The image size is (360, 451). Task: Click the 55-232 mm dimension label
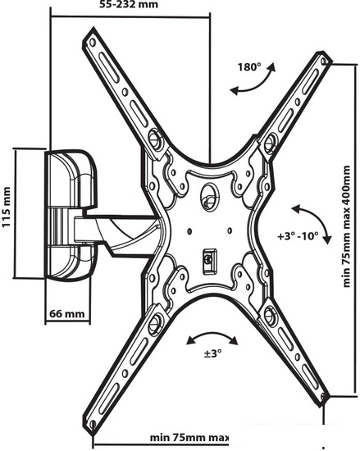[x=129, y=4]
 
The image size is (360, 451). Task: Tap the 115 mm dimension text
[x=7, y=207]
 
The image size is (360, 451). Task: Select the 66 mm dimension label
[x=67, y=313]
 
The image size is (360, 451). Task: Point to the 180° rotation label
[x=249, y=67]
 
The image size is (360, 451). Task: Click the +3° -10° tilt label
[x=298, y=236]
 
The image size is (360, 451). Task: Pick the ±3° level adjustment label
[x=212, y=353]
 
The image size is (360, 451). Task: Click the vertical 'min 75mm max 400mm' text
[x=347, y=226]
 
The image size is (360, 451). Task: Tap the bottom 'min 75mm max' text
[x=189, y=438]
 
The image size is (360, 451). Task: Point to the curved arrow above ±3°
[x=212, y=335]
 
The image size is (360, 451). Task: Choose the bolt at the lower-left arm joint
[x=155, y=321]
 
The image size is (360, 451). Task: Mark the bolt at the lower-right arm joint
[x=271, y=314]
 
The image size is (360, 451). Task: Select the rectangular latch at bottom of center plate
[x=210, y=261]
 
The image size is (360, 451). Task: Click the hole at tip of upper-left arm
[x=93, y=42]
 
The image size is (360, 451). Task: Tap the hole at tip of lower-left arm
[x=93, y=424]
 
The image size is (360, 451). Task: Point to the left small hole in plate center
[x=189, y=231]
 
